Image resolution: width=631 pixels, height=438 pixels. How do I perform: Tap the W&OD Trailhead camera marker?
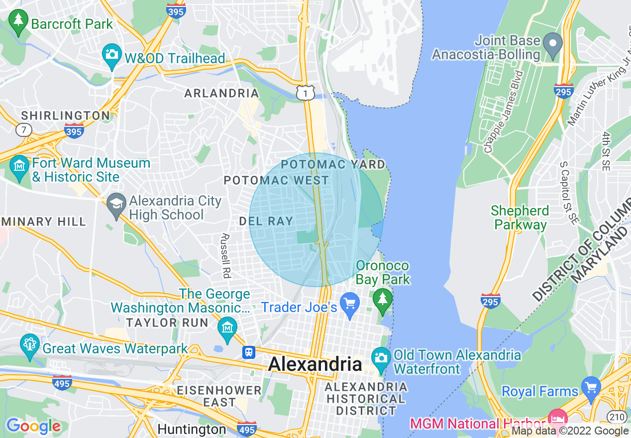(x=112, y=54)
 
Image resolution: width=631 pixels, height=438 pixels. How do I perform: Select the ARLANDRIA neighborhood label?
(x=221, y=93)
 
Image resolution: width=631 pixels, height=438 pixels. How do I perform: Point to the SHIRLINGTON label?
(x=65, y=115)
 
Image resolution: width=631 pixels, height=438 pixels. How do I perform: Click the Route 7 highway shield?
(x=23, y=130)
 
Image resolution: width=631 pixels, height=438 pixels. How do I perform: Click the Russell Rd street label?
(x=227, y=256)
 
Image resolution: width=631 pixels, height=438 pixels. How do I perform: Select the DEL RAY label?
(x=266, y=221)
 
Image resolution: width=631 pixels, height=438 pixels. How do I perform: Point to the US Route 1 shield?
(x=305, y=92)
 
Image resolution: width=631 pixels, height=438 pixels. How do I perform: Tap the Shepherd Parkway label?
(x=520, y=218)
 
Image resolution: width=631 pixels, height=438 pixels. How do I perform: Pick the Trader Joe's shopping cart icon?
(x=350, y=304)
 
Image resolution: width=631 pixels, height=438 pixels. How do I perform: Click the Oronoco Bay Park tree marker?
(x=383, y=300)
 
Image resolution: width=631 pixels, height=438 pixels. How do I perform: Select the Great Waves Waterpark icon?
(x=29, y=345)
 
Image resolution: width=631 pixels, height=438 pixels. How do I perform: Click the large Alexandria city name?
(x=315, y=364)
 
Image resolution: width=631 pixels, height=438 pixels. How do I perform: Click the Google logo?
(x=33, y=426)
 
